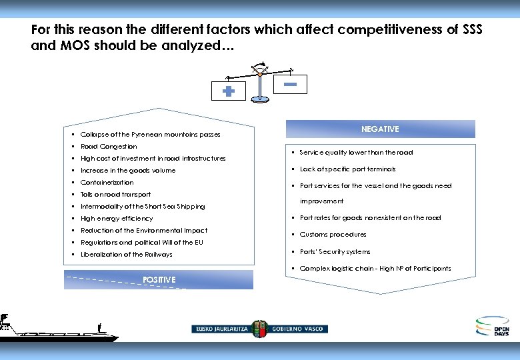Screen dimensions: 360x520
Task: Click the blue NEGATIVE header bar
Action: click(x=380, y=129)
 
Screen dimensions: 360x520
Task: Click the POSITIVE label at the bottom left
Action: click(x=159, y=280)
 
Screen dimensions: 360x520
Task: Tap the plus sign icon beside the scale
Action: click(x=228, y=92)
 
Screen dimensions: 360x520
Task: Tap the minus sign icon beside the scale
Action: click(x=290, y=84)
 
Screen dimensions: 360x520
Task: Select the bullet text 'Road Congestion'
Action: click(x=109, y=147)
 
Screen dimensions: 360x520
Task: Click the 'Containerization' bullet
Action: click(x=107, y=183)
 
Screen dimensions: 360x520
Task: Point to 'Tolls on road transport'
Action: click(x=115, y=195)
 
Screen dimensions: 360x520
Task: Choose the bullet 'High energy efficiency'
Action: click(x=117, y=219)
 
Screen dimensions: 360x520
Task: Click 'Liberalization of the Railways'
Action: click(x=126, y=255)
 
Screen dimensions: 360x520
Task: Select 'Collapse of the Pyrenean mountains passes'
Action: click(x=150, y=135)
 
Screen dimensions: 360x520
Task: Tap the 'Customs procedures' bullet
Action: click(x=333, y=235)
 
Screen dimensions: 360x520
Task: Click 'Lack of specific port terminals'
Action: click(x=347, y=169)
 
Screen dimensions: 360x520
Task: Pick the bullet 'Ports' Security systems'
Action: click(x=335, y=252)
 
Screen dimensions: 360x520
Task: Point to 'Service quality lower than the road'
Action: click(x=356, y=153)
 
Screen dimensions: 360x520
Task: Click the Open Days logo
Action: click(x=492, y=326)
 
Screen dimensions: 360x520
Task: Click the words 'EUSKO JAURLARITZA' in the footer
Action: click(x=221, y=329)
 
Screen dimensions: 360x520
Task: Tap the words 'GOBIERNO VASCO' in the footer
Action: click(x=299, y=329)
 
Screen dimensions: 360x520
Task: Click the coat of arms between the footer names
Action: click(x=259, y=328)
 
